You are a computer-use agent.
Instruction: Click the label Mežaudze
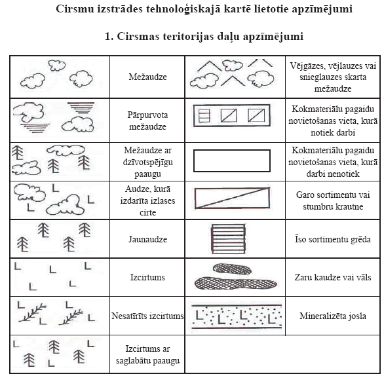coord(147,77)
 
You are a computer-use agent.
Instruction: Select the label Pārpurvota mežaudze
coord(147,121)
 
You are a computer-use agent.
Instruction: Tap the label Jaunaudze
coord(147,239)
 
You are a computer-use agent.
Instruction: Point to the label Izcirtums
coord(147,277)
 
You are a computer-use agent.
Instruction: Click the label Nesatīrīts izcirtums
coord(147,316)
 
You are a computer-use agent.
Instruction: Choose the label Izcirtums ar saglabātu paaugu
coord(147,354)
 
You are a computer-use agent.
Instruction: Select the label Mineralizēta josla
coord(333,316)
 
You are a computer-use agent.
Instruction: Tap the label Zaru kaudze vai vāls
coord(333,277)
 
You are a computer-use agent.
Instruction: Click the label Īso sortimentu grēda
coord(333,239)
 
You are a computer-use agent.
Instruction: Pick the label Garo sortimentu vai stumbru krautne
coord(333,200)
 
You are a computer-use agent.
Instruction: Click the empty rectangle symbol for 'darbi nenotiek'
coord(232,150)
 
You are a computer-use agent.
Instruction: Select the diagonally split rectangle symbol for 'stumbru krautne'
coord(232,198)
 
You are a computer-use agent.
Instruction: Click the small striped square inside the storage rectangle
coord(204,115)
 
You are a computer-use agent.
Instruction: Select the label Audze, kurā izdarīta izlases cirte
coord(147,200)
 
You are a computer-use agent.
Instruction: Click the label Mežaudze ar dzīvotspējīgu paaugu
coord(147,162)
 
